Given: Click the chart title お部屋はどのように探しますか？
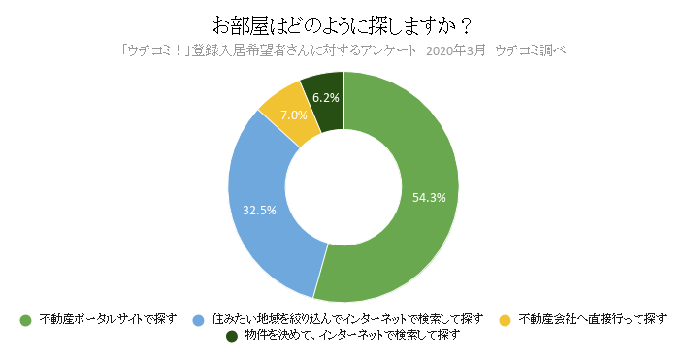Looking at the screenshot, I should point(343,22).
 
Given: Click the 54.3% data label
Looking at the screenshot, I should point(429,197).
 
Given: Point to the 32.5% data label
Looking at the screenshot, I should point(259,209).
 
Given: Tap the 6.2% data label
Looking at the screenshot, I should point(325,97).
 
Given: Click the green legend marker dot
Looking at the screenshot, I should point(25,319).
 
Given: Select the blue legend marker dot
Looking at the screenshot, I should point(198,319).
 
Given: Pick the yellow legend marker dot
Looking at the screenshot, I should point(505,319).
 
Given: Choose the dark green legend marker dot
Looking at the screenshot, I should point(231,336).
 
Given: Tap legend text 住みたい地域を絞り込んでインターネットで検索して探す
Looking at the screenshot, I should point(346,319).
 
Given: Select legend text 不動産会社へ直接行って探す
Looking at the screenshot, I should point(592,319).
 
